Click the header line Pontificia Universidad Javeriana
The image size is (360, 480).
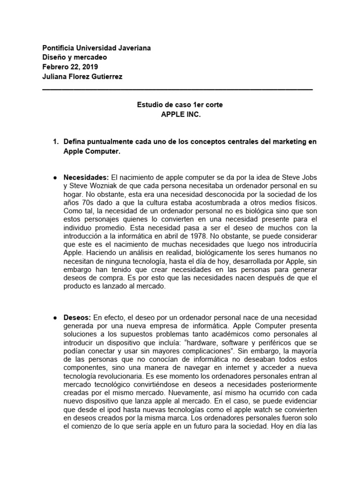[x=97, y=48]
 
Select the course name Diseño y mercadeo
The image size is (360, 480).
[x=75, y=57]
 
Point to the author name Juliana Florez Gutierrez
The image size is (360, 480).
[x=82, y=76]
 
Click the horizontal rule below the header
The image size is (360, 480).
[x=177, y=89]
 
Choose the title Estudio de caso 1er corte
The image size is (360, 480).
[x=180, y=105]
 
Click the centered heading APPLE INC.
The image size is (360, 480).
[x=180, y=114]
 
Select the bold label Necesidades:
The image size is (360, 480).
[x=86, y=177]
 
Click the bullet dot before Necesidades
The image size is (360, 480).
[x=56, y=177]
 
